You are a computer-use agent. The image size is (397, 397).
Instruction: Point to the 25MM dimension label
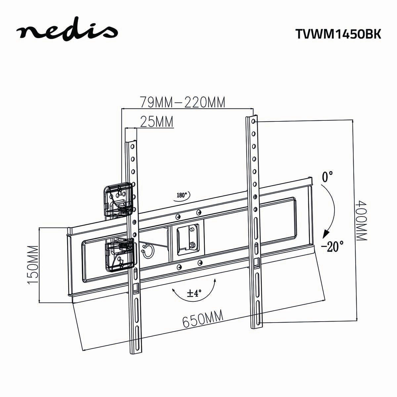(157, 122)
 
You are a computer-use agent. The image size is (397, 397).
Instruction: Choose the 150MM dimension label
(33, 264)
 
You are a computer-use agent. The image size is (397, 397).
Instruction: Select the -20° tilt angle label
(332, 246)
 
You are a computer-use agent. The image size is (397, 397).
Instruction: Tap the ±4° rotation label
(194, 293)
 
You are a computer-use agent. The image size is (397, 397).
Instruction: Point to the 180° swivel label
(182, 195)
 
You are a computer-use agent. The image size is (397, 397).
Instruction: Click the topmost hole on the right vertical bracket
(253, 122)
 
